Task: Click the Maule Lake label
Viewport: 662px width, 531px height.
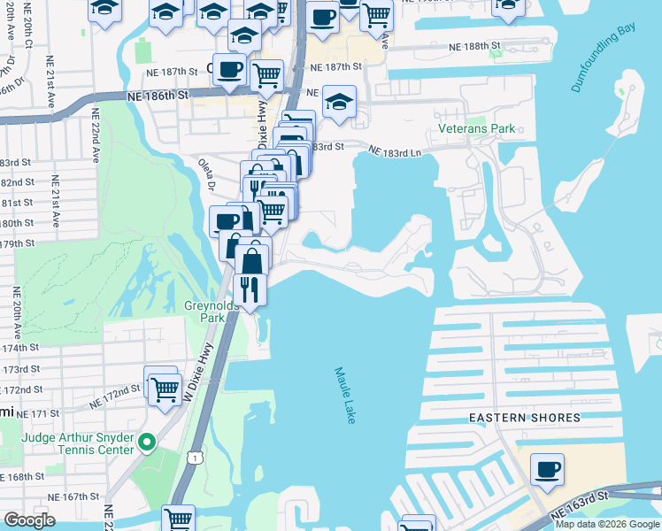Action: pyautogui.click(x=345, y=396)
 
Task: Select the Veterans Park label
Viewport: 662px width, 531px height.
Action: pyautogui.click(x=476, y=128)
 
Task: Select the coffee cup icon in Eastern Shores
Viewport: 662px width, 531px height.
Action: pyautogui.click(x=548, y=468)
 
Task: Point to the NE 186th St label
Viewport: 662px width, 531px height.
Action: pyautogui.click(x=158, y=94)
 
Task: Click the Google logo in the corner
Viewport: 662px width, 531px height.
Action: pyautogui.click(x=29, y=519)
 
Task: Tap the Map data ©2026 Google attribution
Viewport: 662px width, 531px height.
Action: pyautogui.click(x=606, y=524)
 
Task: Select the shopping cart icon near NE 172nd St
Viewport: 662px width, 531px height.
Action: pyautogui.click(x=164, y=389)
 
